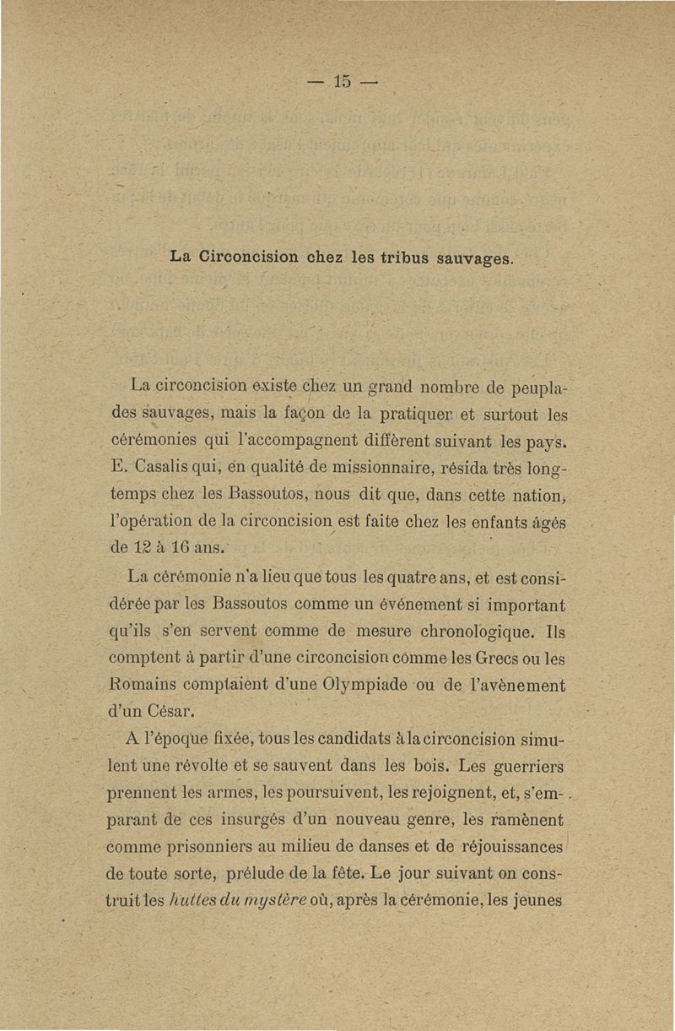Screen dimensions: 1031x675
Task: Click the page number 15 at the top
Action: (x=341, y=82)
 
